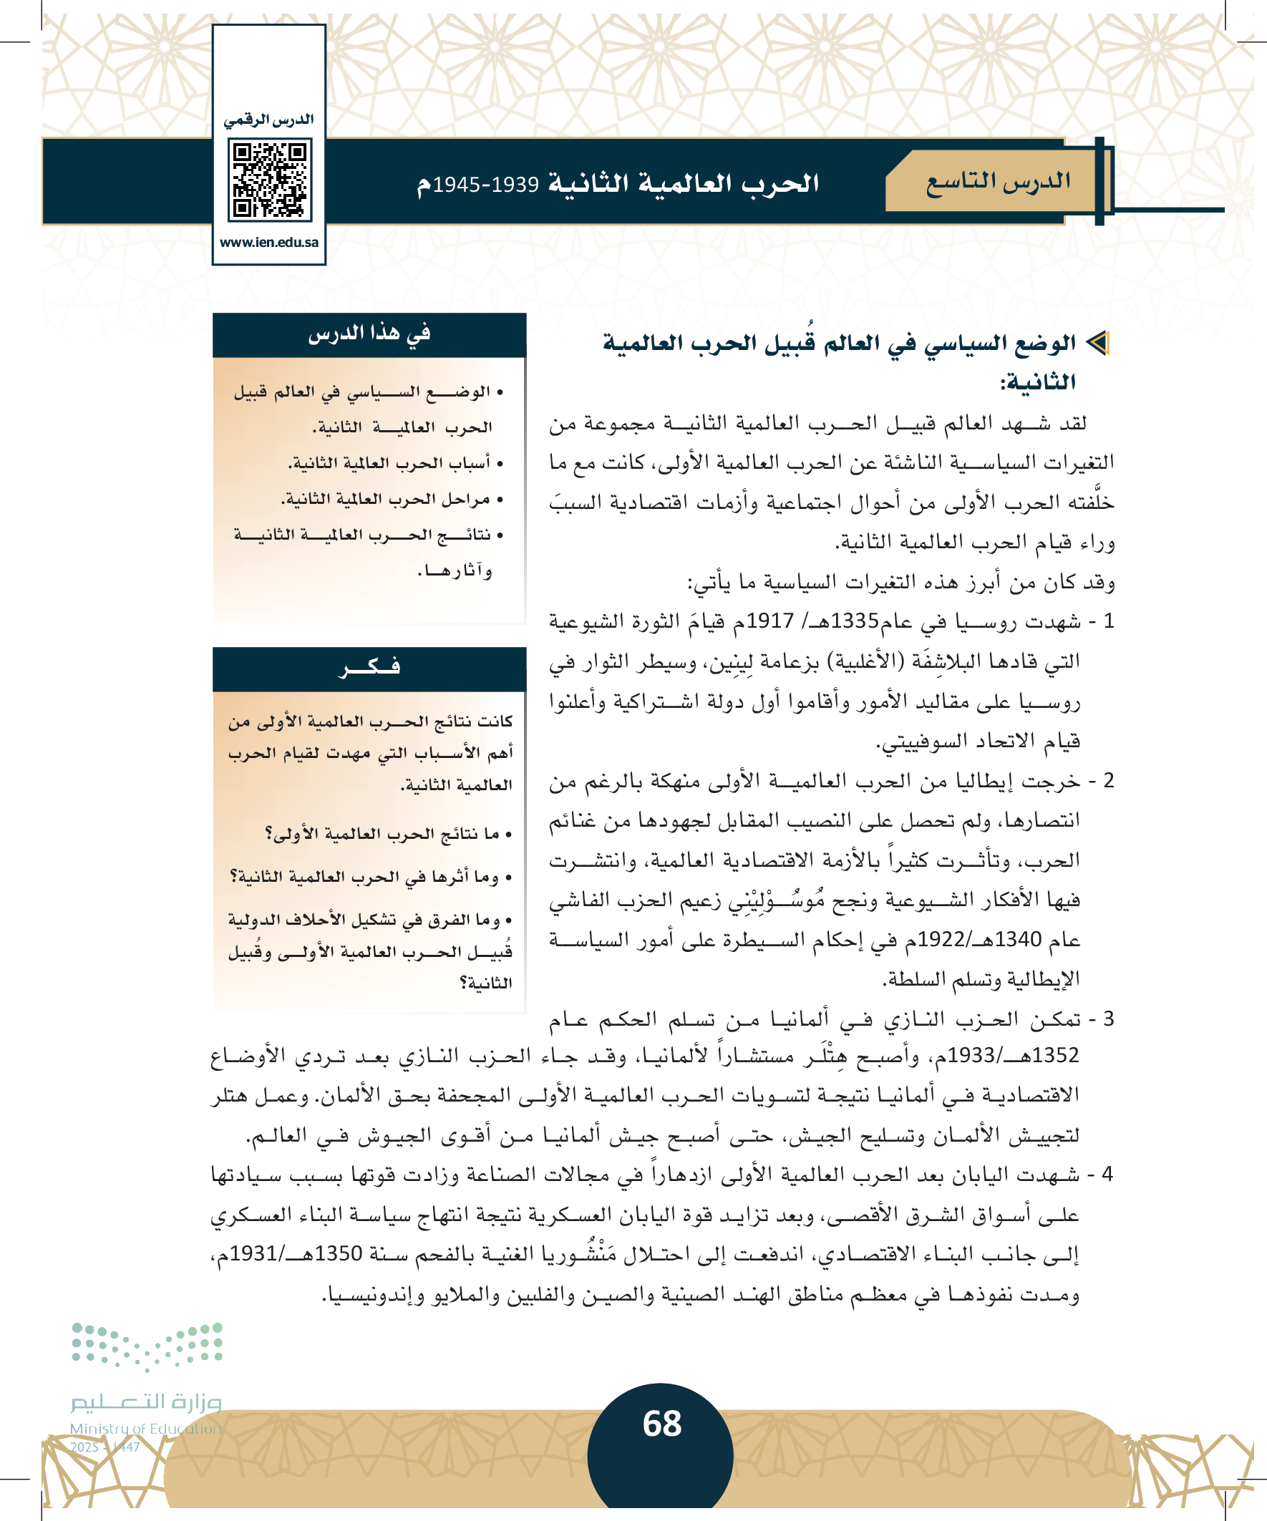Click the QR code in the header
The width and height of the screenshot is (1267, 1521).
pyautogui.click(x=269, y=180)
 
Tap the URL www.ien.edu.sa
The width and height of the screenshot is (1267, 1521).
pyautogui.click(x=268, y=243)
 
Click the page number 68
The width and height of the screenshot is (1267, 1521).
pyautogui.click(x=661, y=1423)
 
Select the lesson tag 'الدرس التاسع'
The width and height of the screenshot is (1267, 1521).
pyautogui.click(x=998, y=182)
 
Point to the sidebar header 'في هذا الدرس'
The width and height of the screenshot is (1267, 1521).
pyautogui.click(x=369, y=334)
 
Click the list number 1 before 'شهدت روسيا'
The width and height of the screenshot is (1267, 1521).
pyautogui.click(x=1107, y=621)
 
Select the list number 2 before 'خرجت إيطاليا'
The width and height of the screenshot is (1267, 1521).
pyautogui.click(x=1107, y=781)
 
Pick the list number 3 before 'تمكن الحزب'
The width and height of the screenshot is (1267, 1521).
pyautogui.click(x=1107, y=1019)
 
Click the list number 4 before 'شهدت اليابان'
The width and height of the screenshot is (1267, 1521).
pyautogui.click(x=1107, y=1174)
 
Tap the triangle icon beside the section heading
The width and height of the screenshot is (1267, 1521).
pyautogui.click(x=1098, y=343)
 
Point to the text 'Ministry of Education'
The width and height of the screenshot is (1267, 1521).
pyautogui.click(x=145, y=1428)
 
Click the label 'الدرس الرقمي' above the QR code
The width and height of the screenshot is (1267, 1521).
pyautogui.click(x=268, y=120)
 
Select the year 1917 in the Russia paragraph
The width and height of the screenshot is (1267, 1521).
pyautogui.click(x=770, y=621)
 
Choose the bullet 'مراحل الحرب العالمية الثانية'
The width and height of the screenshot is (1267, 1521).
pyautogui.click(x=386, y=499)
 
